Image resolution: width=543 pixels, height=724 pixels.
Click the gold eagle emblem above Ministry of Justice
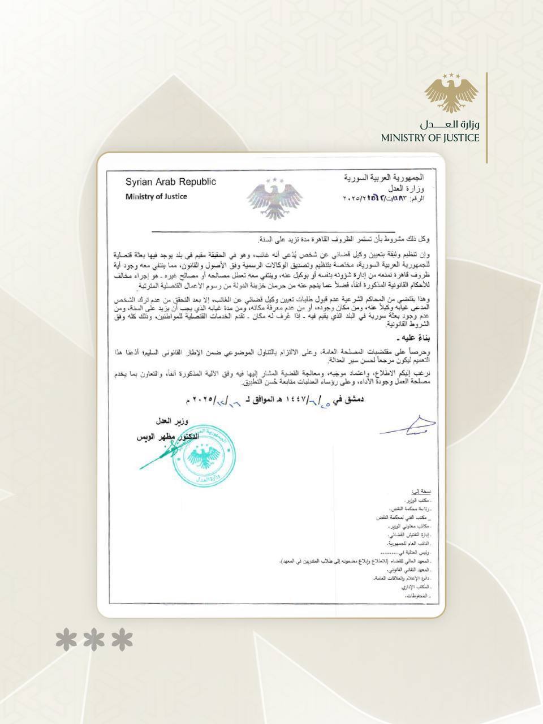[x=451, y=94]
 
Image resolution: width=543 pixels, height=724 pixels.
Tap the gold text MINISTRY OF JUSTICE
[x=430, y=137]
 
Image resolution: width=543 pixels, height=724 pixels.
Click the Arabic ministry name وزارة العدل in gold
[x=449, y=124]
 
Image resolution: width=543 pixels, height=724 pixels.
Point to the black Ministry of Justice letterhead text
[x=156, y=196]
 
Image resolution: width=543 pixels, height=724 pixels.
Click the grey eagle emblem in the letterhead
[x=275, y=197]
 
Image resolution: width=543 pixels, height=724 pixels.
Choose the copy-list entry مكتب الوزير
[x=418, y=501]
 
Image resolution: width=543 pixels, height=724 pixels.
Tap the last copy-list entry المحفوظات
[x=417, y=597]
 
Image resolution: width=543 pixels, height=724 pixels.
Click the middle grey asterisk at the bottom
[x=94, y=640]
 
